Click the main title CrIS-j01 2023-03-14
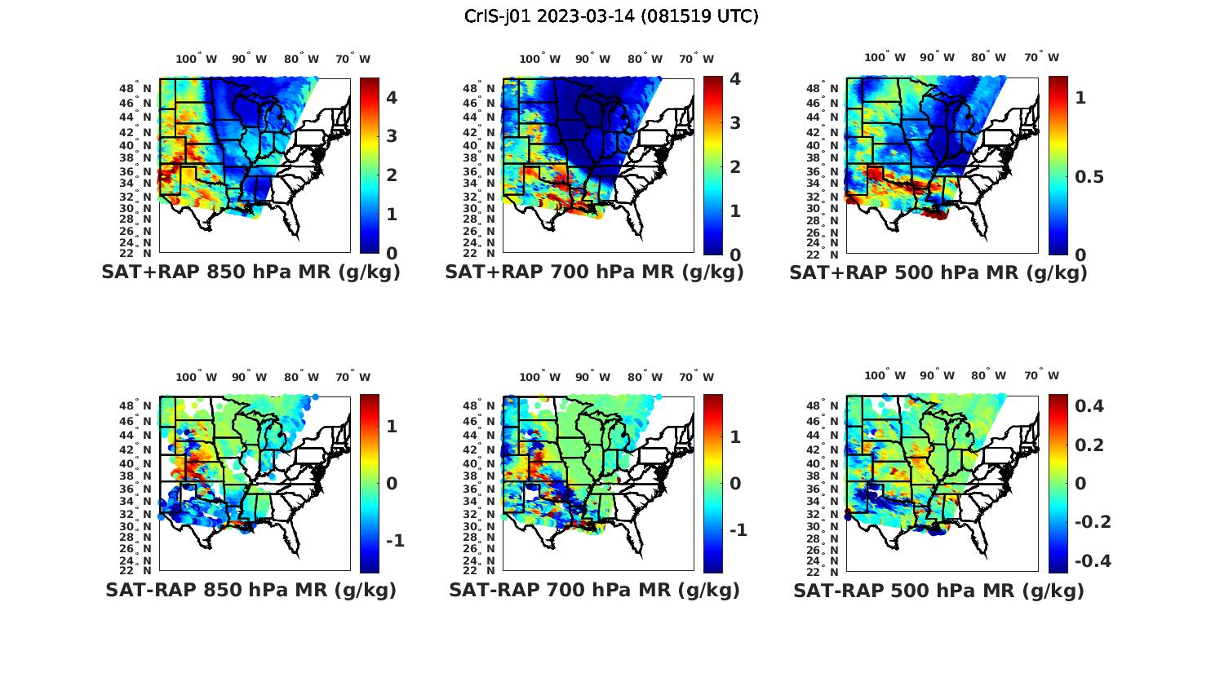[x=611, y=16]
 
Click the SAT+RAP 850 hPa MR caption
[x=251, y=272]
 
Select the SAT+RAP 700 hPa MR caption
[x=594, y=272]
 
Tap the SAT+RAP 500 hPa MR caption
[x=938, y=272]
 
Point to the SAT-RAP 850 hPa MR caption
[x=251, y=590]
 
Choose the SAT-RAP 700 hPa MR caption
[x=594, y=590]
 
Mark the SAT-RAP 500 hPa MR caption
[x=938, y=590]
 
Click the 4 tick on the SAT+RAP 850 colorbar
[x=392, y=98]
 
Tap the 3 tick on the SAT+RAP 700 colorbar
[x=735, y=123]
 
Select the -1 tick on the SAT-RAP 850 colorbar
[x=395, y=541]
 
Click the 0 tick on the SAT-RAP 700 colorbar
[x=735, y=484]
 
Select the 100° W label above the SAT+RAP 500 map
[x=885, y=57]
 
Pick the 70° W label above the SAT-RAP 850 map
[x=353, y=377]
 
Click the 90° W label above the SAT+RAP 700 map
[x=593, y=59]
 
